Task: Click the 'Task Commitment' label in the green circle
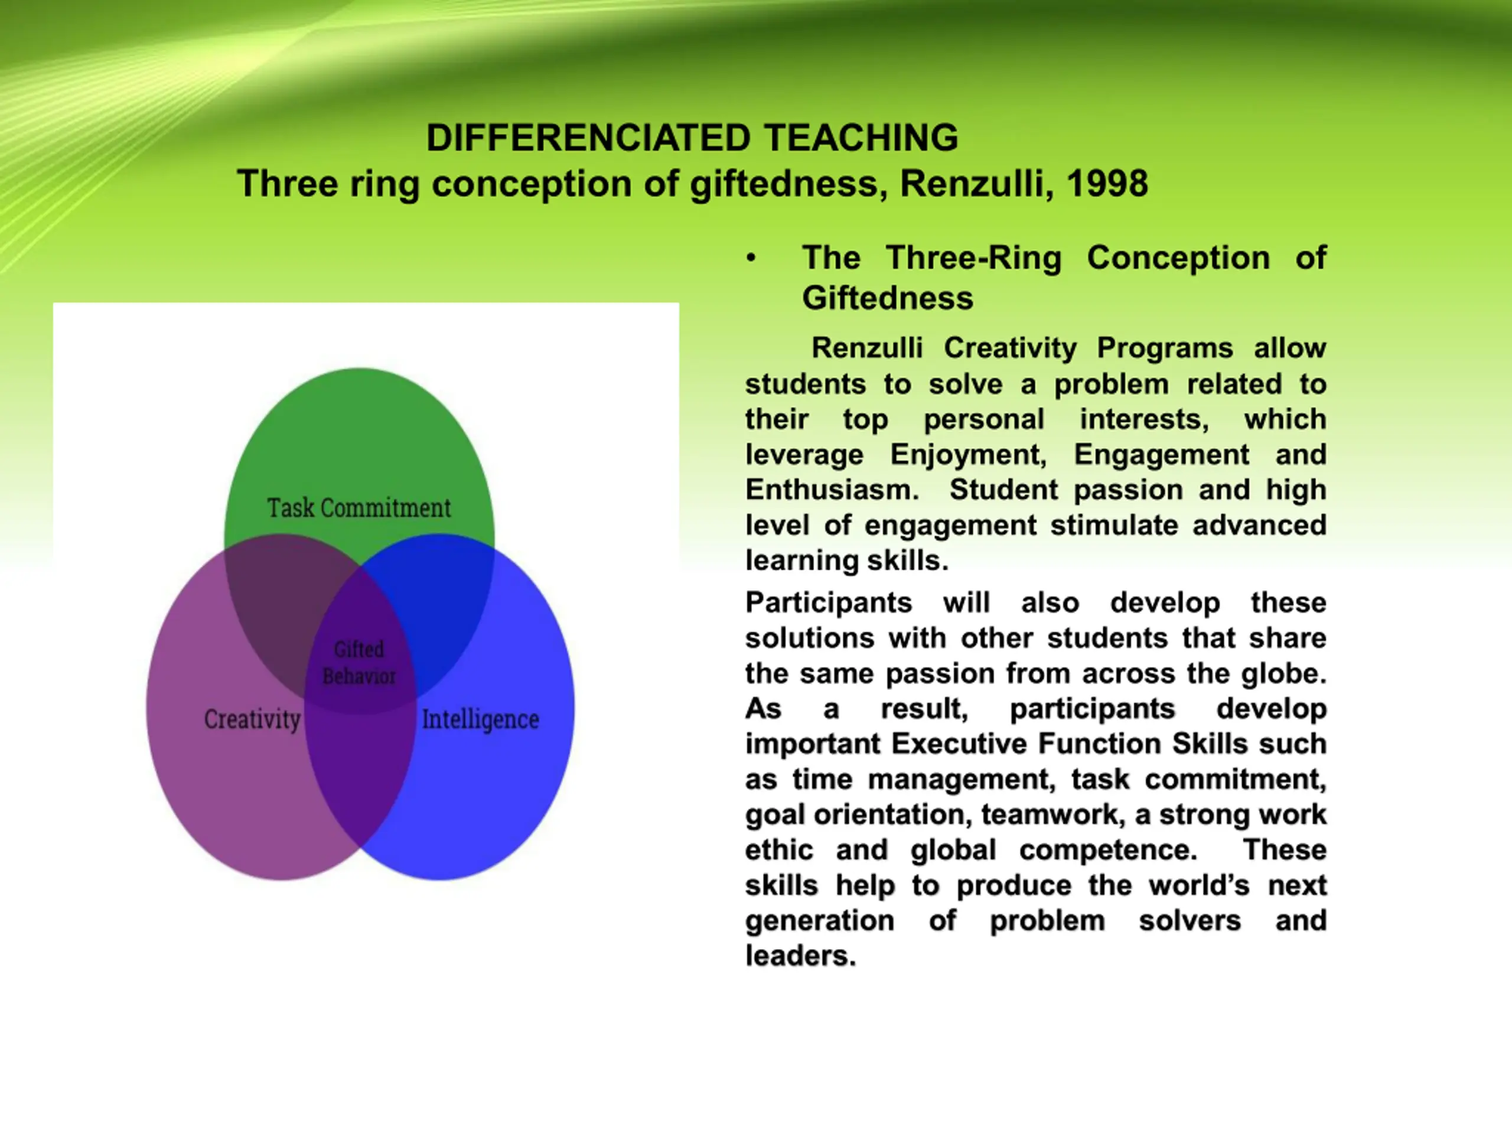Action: click(359, 508)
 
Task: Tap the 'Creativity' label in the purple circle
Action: click(252, 719)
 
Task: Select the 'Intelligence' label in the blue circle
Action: click(481, 720)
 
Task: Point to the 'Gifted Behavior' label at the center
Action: click(359, 662)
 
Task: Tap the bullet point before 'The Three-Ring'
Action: click(751, 258)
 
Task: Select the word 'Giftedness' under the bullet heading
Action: click(887, 298)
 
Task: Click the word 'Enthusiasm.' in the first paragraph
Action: click(832, 490)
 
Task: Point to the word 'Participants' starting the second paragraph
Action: click(829, 603)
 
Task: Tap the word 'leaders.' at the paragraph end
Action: click(800, 956)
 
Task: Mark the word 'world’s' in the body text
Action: click(1199, 885)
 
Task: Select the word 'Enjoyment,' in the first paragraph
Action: click(968, 455)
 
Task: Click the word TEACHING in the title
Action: click(861, 138)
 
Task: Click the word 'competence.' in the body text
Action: click(1108, 850)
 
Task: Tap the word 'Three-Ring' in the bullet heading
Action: click(974, 258)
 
